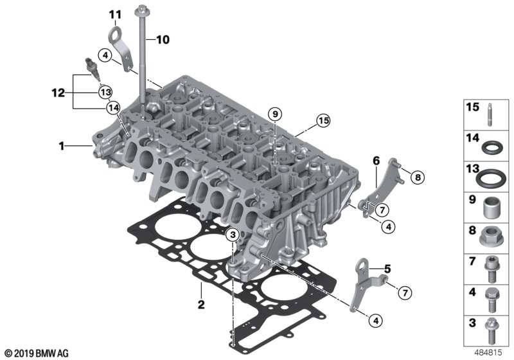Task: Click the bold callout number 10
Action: [x=163, y=40]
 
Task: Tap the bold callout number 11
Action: [x=115, y=14]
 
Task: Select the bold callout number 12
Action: [x=58, y=93]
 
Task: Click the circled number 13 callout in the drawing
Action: [x=105, y=92]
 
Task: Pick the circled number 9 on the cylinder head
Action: [x=275, y=114]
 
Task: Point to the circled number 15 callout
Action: [x=324, y=121]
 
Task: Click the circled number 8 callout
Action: [x=417, y=177]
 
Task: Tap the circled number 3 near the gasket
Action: [x=233, y=235]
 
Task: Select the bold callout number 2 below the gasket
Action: [x=201, y=304]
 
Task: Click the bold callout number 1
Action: [x=62, y=146]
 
